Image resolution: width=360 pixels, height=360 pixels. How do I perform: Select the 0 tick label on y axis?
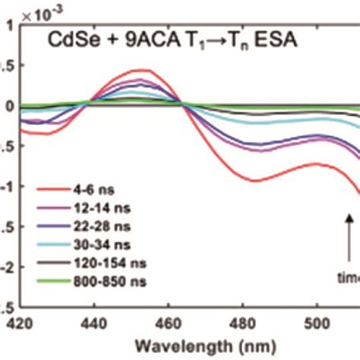(10, 106)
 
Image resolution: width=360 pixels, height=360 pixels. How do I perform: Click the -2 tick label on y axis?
(8, 268)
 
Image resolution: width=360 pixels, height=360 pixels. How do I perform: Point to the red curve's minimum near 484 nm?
(255, 181)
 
